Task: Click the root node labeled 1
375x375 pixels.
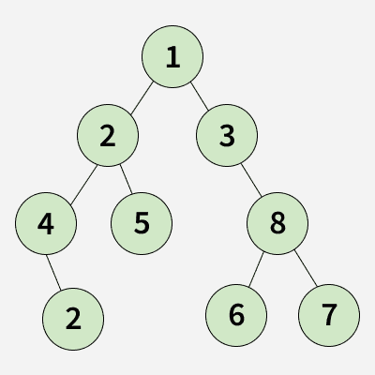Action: [172, 56]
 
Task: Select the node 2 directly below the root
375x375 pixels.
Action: [108, 135]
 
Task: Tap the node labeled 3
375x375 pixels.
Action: [227, 135]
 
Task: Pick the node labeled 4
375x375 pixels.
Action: [46, 223]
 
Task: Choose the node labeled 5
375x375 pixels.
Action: [142, 223]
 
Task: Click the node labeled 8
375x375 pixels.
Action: [277, 223]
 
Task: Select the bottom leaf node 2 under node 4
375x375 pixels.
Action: [73, 319]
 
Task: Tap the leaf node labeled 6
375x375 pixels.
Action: [236, 315]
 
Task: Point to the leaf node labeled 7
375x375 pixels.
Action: [329, 315]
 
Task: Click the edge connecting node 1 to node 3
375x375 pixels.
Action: [200, 97]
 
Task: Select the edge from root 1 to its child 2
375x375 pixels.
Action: [142, 97]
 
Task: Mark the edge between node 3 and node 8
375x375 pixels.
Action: [251, 180]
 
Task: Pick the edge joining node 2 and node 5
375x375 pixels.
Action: [126, 179]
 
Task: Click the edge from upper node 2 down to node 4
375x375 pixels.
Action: [83, 186]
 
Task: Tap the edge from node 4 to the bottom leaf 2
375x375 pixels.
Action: [53, 272]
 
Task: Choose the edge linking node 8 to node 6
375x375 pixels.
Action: [256, 269]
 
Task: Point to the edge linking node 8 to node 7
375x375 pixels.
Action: [306, 268]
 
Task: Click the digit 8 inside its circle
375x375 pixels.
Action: [277, 223]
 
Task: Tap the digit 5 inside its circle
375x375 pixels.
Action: [142, 223]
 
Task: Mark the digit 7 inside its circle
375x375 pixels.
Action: [329, 315]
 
